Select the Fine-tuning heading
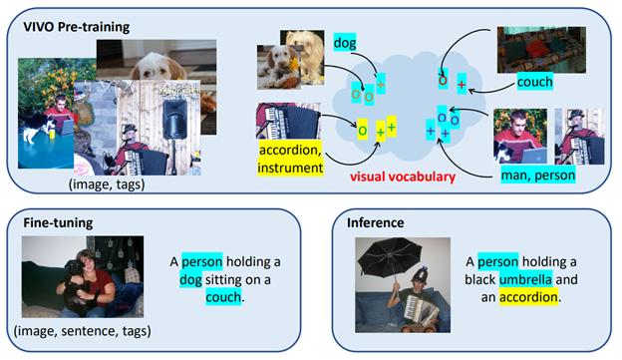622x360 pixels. pyautogui.click(x=59, y=223)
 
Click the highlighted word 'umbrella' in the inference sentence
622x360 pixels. pyautogui.click(x=527, y=279)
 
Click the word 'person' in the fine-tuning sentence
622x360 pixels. pyautogui.click(x=204, y=261)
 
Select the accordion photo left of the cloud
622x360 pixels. pyautogui.click(x=285, y=121)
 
